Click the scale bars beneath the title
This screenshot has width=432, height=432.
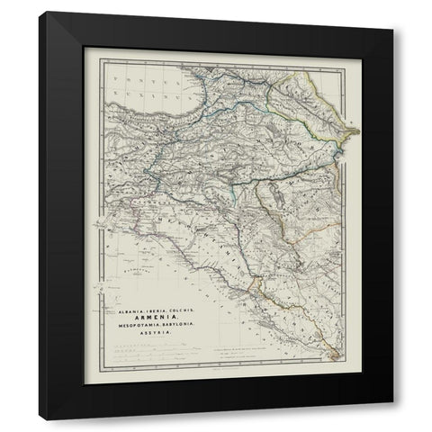(153, 351)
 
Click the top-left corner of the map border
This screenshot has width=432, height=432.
(100, 59)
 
